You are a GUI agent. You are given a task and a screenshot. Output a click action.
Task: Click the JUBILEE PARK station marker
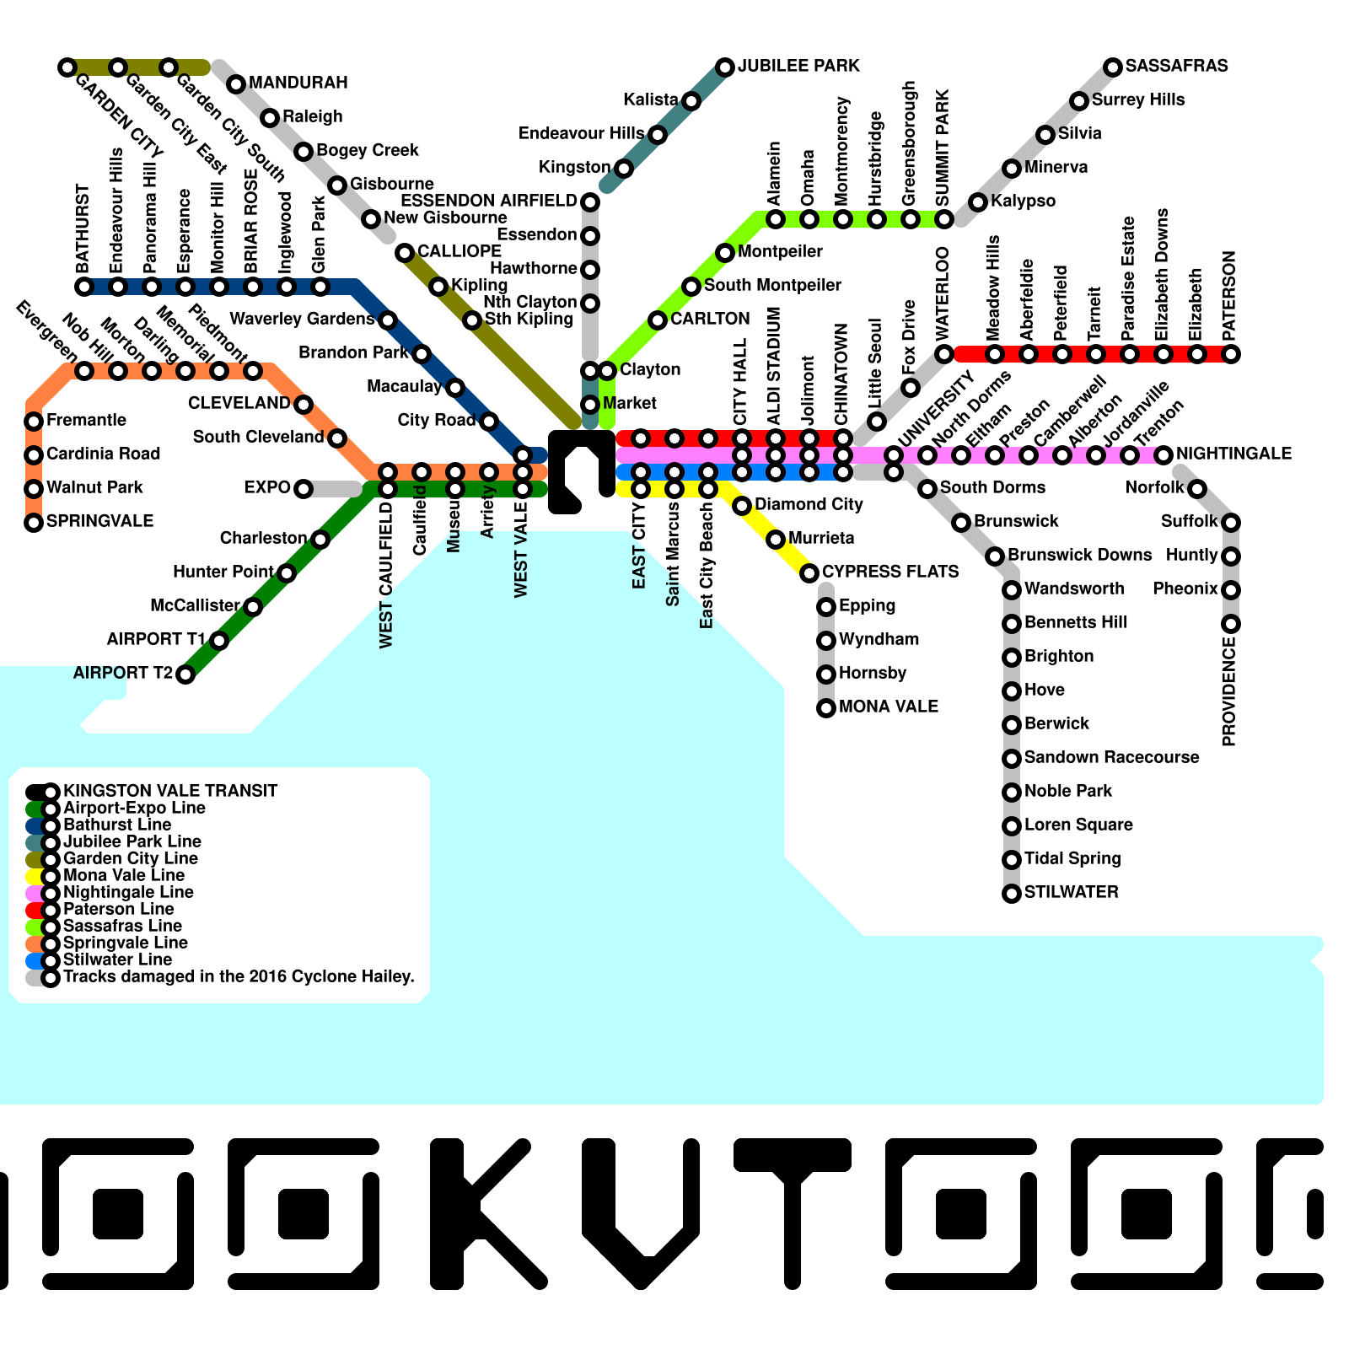coord(725,67)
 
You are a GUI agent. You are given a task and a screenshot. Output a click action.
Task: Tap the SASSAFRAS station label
coord(1176,66)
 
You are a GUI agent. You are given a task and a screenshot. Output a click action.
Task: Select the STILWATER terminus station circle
coord(1012,894)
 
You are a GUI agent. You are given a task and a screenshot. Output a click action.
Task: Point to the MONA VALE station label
coord(889,707)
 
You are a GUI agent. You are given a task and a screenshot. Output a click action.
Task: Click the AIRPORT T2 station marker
coord(185,674)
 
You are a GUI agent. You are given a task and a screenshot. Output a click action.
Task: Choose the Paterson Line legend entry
coord(118,909)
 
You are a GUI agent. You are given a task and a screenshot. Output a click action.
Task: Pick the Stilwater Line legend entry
coord(116,959)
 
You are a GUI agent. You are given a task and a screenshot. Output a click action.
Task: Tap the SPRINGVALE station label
coord(99,521)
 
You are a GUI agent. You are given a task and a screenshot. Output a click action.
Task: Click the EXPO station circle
coord(304,489)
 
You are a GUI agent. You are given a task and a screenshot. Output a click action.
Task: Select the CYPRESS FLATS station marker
coord(809,573)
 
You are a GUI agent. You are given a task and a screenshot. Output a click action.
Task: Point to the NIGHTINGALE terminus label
coord(1233,454)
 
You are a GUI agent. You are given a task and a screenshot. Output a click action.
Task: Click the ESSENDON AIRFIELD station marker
coord(590,202)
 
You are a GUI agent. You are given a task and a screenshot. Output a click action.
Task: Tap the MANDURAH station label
coord(298,83)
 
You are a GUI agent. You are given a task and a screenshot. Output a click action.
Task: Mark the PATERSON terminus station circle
coord(1231,354)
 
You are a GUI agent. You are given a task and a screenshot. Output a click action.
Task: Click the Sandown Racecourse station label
coord(1111,757)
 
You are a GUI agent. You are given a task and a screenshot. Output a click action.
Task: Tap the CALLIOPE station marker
coord(405,253)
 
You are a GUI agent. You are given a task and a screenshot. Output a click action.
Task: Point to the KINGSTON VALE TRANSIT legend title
coord(169,791)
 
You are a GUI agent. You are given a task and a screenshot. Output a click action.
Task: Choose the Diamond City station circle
coord(742,506)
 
